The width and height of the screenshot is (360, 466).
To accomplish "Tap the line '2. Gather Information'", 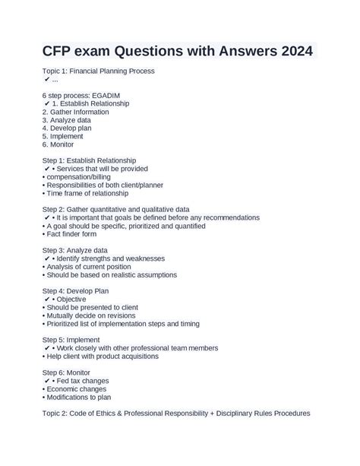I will (x=75, y=112).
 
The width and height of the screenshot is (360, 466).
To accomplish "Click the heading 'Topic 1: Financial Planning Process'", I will (x=99, y=71).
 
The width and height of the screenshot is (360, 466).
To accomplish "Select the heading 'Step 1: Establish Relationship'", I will (x=89, y=160).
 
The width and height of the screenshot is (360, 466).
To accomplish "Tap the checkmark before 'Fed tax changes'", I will (x=48, y=381).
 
